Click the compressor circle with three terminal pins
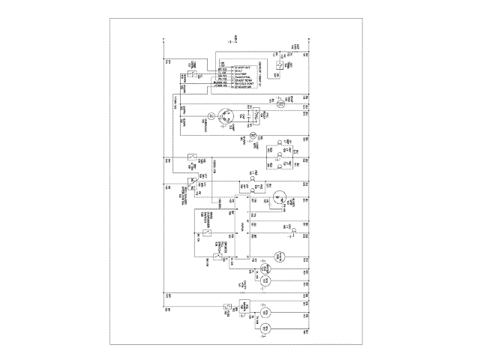pyautogui.click(x=228, y=115)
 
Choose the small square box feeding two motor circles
pyautogui.click(x=243, y=306)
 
